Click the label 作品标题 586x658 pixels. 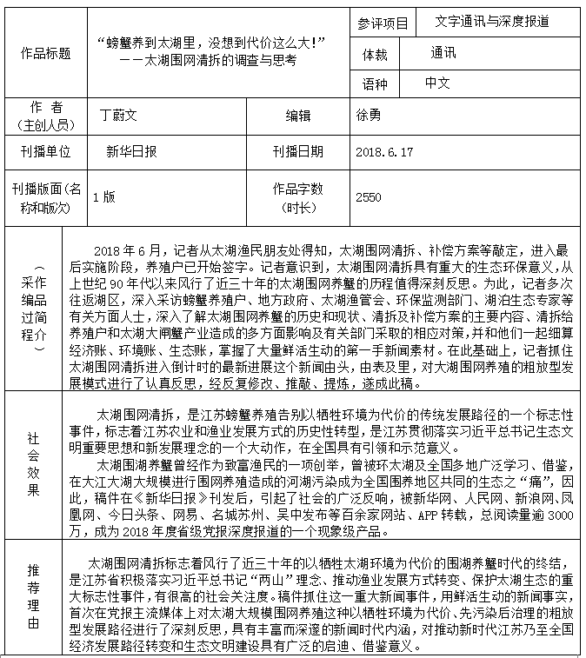point(45,54)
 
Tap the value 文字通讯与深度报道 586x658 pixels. point(492,23)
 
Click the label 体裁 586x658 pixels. point(381,54)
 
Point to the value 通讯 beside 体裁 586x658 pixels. point(443,53)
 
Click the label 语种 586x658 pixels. point(381,84)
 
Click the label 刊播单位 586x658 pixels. point(45,151)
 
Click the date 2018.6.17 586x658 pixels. point(384,151)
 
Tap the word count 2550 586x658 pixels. point(369,197)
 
